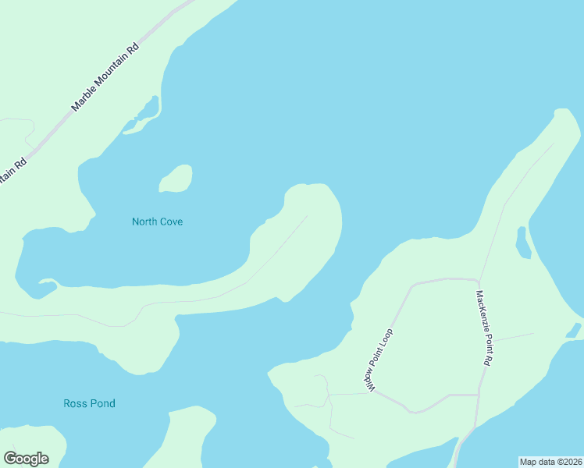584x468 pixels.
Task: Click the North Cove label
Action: (157, 222)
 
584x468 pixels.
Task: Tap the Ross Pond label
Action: (89, 403)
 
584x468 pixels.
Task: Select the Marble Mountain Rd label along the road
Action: (105, 76)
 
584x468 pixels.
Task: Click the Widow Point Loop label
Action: (378, 360)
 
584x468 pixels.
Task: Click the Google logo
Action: (26, 458)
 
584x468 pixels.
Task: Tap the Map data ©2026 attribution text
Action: (550, 462)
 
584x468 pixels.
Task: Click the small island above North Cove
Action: (176, 179)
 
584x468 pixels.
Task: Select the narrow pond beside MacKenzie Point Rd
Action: (523, 243)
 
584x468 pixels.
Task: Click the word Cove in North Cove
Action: (170, 222)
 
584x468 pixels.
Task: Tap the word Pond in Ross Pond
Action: (101, 403)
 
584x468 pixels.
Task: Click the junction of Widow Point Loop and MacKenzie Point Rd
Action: (478, 279)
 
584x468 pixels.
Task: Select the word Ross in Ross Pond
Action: (75, 403)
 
